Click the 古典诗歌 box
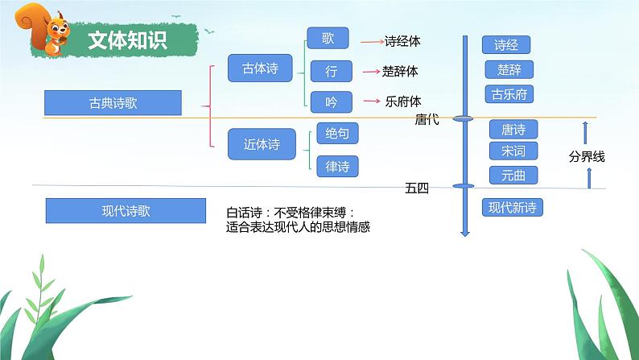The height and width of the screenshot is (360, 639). point(113,103)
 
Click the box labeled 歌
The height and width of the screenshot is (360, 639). point(328,39)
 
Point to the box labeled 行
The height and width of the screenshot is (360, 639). point(331,71)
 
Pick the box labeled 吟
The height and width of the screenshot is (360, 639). point(331,101)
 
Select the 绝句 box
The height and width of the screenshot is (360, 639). point(337,134)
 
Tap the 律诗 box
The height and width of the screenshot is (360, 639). point(337,166)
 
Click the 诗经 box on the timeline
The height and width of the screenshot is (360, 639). point(505,45)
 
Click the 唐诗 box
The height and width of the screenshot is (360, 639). point(513,129)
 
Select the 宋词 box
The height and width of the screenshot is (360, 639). point(513,151)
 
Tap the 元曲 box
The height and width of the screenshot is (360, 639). point(513,174)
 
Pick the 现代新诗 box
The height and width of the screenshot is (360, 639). point(512,208)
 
